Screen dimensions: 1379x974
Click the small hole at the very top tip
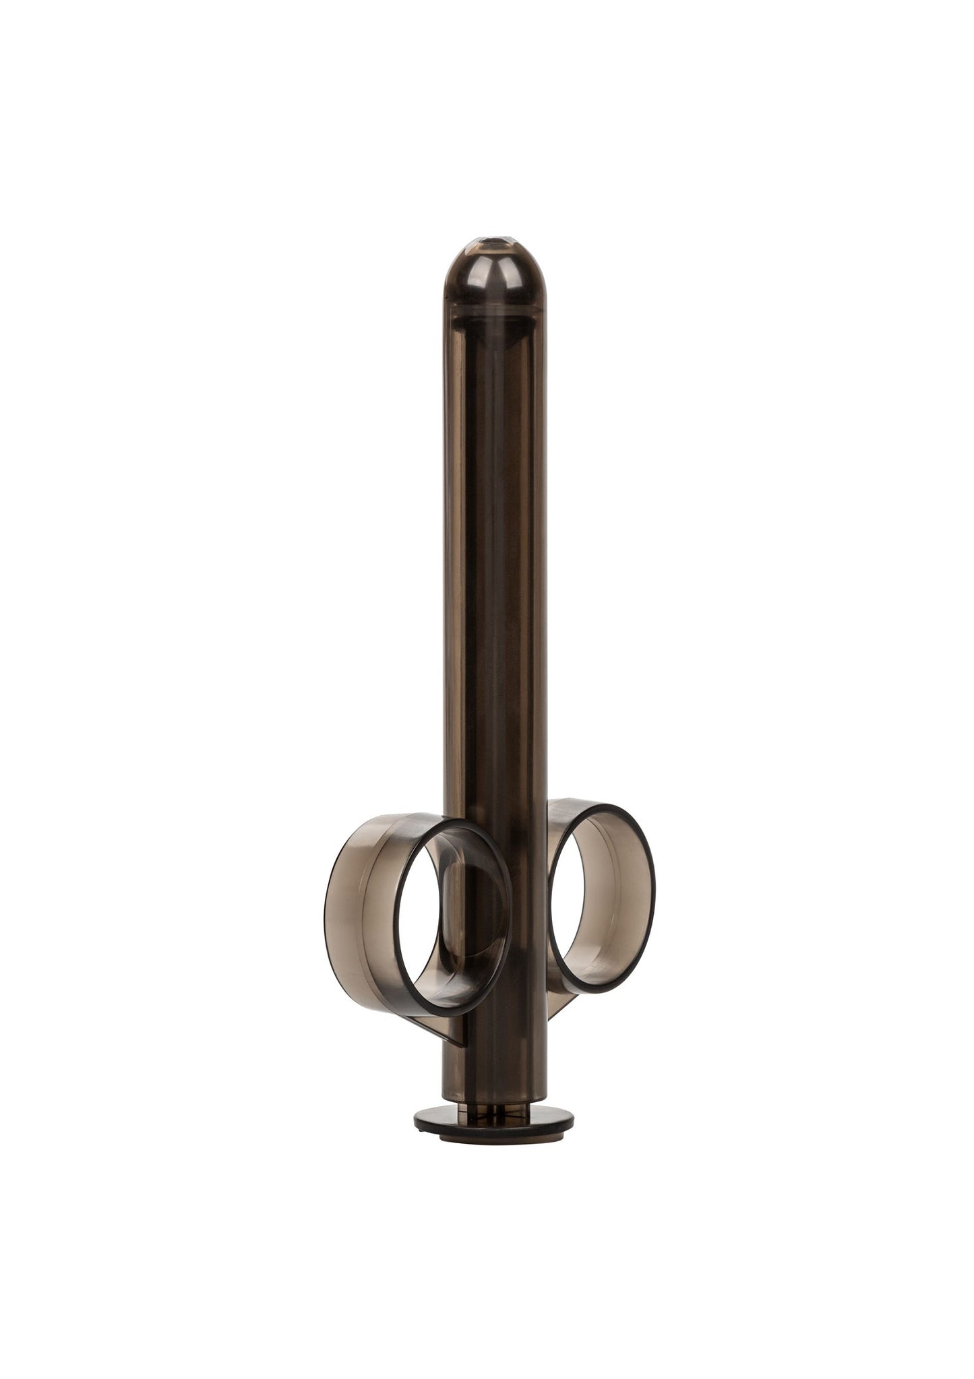487,259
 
